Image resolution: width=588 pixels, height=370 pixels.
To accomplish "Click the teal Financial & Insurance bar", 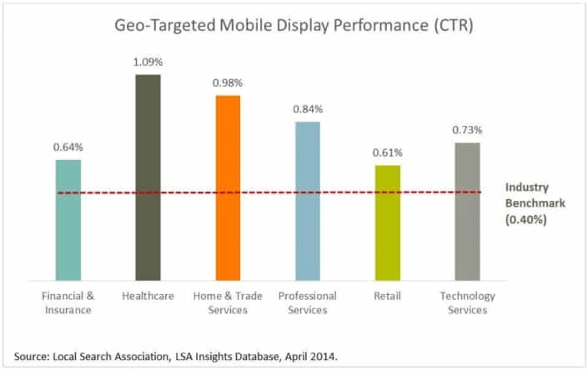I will pyautogui.click(x=68, y=220).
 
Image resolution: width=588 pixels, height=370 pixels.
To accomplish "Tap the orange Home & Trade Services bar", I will pyautogui.click(x=228, y=187).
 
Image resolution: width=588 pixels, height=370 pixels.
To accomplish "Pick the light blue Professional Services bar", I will pyautogui.click(x=307, y=201).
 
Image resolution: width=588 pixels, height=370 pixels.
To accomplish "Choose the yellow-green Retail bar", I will pyautogui.click(x=387, y=222).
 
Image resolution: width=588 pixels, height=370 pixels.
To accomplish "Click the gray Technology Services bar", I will pyautogui.click(x=467, y=212).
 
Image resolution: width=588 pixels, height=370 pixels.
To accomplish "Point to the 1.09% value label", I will pyautogui.click(x=148, y=62).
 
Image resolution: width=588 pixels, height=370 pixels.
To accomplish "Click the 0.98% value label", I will pyautogui.click(x=228, y=83).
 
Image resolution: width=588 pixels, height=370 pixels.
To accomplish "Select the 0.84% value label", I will pyautogui.click(x=307, y=109).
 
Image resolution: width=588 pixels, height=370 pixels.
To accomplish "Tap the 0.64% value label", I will pyautogui.click(x=68, y=147).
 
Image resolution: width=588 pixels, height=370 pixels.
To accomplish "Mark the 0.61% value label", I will pyautogui.click(x=387, y=152).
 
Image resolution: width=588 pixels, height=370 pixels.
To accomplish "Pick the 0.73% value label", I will pyautogui.click(x=467, y=131).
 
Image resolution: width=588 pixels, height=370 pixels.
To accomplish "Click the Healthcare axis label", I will pyautogui.click(x=148, y=296).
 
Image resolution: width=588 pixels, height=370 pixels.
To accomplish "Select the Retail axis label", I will pyautogui.click(x=387, y=296).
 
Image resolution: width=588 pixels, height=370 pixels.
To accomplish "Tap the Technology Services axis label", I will pyautogui.click(x=467, y=302).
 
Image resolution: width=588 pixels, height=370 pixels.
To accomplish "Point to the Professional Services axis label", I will pyautogui.click(x=307, y=302).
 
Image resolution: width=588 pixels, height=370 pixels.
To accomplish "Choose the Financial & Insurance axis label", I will pyautogui.click(x=68, y=302).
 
